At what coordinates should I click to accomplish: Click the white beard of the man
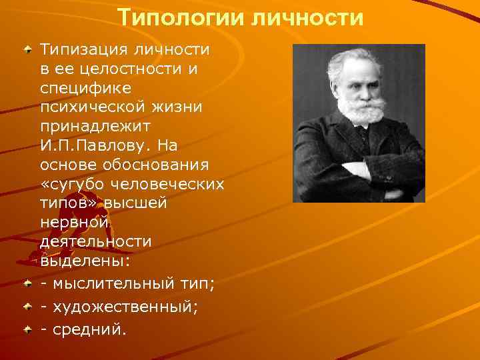click(359, 110)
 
